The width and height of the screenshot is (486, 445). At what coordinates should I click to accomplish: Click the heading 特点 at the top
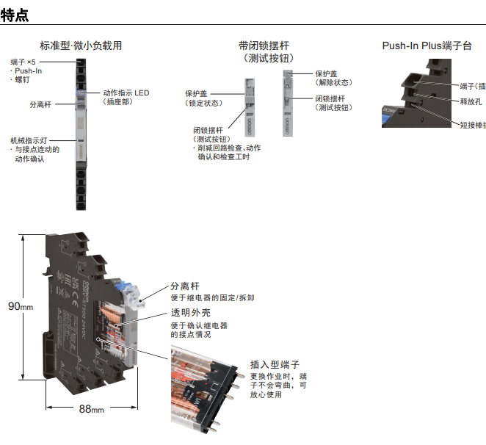point(15,14)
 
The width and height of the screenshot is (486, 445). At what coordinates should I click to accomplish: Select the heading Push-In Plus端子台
point(426,46)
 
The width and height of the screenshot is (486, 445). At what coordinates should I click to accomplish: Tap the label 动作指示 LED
point(126,93)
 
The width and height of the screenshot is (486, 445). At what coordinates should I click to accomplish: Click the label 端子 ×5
point(23,62)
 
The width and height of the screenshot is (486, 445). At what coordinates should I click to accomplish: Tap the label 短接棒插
point(472,125)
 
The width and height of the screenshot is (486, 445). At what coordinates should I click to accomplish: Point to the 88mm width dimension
point(91,410)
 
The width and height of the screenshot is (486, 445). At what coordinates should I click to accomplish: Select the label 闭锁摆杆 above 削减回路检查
point(208,130)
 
